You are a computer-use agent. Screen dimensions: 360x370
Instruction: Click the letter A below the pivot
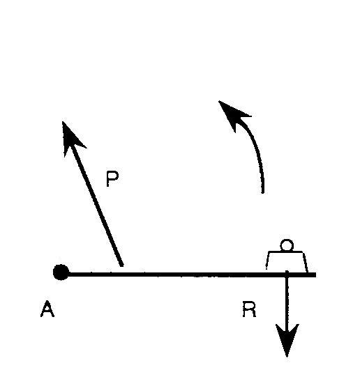[47, 309]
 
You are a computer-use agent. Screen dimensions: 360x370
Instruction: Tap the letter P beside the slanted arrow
[112, 178]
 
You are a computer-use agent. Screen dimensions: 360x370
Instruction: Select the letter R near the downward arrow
[249, 309]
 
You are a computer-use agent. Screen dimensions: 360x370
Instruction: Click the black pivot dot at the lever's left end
[61, 272]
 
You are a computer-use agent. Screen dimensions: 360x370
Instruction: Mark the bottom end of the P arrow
[122, 265]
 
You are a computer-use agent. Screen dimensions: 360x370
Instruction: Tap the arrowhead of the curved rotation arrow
[233, 114]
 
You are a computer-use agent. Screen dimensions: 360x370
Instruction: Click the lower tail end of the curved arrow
[263, 193]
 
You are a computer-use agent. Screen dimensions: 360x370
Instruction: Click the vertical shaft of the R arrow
[287, 300]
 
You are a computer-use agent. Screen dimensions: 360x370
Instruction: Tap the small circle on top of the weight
[287, 245]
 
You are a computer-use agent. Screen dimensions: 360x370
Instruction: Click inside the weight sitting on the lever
[287, 261]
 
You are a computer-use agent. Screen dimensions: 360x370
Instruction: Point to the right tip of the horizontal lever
[315, 275]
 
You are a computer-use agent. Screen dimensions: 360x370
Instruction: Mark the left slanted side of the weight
[268, 261]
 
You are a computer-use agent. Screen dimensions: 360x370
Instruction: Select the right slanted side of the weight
[305, 262]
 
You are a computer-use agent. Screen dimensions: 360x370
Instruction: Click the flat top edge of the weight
[286, 252]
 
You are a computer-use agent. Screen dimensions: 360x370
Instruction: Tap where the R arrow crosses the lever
[287, 275]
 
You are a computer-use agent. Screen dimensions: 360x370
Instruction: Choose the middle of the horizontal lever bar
[188, 275]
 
